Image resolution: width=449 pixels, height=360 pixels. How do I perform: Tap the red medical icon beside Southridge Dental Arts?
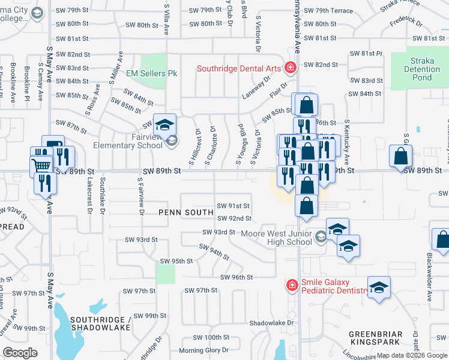click(x=291, y=67)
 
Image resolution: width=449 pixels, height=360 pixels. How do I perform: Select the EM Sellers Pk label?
click(x=152, y=73)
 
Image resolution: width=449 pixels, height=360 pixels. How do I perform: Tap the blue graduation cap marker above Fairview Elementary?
click(x=164, y=124)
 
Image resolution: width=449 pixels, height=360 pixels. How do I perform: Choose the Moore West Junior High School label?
click(x=276, y=238)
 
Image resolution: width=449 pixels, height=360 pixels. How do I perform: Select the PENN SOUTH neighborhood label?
click(x=186, y=212)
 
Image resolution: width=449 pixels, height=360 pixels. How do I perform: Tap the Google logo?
click(x=20, y=353)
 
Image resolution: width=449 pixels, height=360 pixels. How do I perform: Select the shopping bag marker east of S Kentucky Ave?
click(x=400, y=156)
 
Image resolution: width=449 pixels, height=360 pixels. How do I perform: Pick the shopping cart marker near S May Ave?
click(x=41, y=165)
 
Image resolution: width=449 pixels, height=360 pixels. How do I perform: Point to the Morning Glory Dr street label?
click(x=200, y=350)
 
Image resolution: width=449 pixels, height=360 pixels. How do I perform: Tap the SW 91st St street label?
click(x=234, y=206)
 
